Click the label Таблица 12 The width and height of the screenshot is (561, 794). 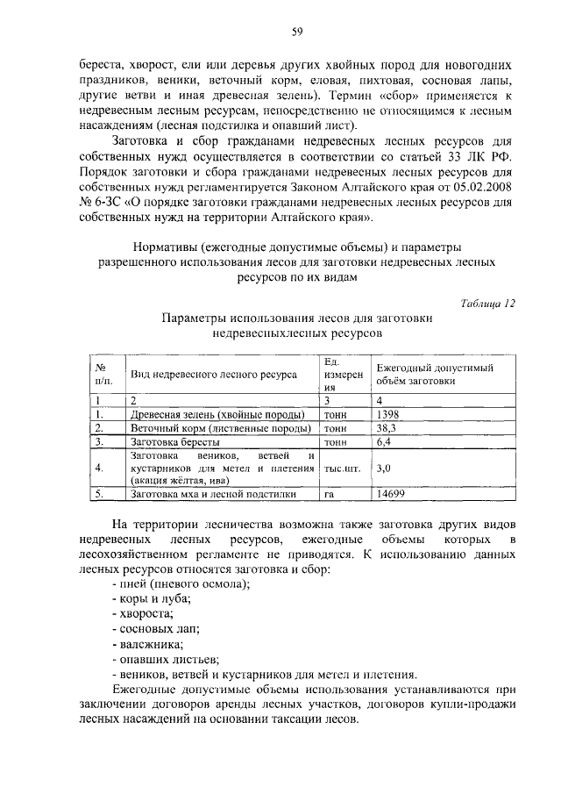pyautogui.click(x=488, y=303)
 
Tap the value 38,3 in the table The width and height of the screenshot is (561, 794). pyautogui.click(x=386, y=428)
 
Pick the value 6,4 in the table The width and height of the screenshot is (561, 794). pyautogui.click(x=382, y=443)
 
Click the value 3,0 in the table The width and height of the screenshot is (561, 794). pyautogui.click(x=382, y=469)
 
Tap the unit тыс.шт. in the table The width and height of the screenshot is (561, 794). pyautogui.click(x=343, y=469)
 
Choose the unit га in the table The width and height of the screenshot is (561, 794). pyautogui.click(x=330, y=495)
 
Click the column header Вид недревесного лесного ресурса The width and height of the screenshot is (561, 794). pyautogui.click(x=213, y=375)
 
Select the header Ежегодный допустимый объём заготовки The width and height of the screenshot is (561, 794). pyautogui.click(x=434, y=375)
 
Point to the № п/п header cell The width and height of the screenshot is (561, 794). pyautogui.click(x=104, y=375)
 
